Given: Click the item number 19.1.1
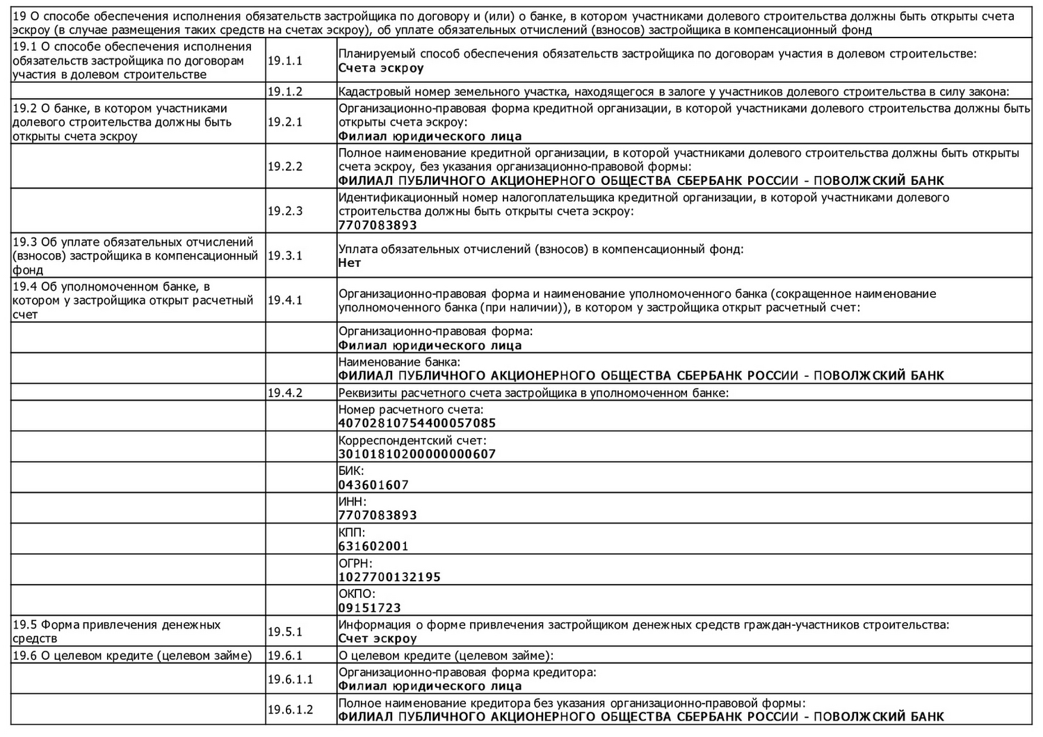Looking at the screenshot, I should click(x=285, y=61).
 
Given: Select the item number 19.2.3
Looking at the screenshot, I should click(x=285, y=211).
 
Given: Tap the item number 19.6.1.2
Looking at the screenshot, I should click(x=290, y=710).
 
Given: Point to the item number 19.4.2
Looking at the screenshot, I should click(x=285, y=394).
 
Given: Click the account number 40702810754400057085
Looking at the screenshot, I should click(x=417, y=423).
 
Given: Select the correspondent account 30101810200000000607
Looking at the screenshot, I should click(x=417, y=454).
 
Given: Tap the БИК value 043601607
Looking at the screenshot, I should click(x=373, y=485).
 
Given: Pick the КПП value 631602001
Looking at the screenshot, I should click(x=373, y=546).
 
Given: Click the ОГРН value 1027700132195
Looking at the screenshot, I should click(x=389, y=577).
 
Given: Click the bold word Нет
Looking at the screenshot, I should click(x=350, y=264).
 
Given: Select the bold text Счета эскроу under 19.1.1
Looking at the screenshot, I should click(x=381, y=68).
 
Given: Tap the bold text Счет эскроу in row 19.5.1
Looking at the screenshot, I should click(x=378, y=638).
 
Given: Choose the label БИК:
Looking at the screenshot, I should click(x=351, y=471).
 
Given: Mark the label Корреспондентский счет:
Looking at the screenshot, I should click(x=412, y=441).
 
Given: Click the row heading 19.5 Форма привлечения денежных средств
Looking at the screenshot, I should click(x=117, y=631).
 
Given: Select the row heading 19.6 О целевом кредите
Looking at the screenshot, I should click(x=132, y=656).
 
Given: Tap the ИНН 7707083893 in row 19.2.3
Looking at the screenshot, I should click(x=378, y=225).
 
